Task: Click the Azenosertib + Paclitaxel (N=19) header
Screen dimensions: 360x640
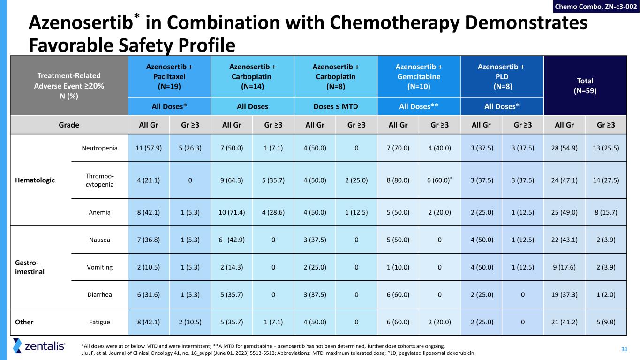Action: pos(169,76)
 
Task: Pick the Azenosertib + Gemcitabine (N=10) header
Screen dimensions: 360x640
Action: pos(419,76)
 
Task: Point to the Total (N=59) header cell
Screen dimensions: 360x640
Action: pos(585,86)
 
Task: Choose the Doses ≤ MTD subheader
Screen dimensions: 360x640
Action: pos(335,106)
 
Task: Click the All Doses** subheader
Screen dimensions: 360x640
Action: pos(419,106)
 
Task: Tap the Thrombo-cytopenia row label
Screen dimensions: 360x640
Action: pos(98,180)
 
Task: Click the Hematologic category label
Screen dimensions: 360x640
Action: pos(41,180)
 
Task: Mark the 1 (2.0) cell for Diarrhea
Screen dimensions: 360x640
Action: pos(606,294)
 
